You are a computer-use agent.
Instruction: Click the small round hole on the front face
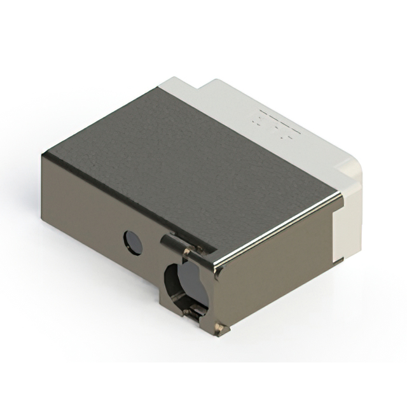pyautogui.click(x=132, y=242)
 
